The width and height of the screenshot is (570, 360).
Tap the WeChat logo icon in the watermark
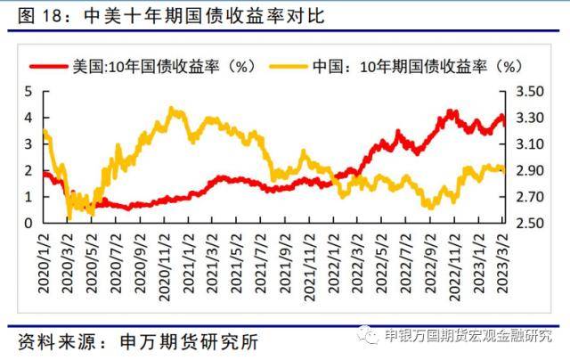click(368, 336)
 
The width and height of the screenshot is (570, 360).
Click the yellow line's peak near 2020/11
click(173, 110)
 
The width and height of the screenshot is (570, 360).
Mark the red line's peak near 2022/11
click(452, 111)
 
